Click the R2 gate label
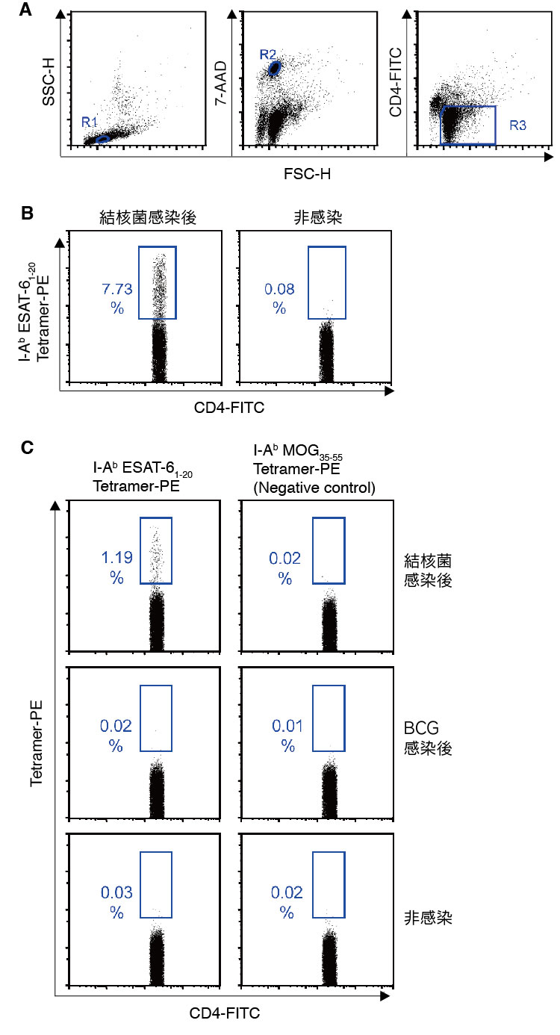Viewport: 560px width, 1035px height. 268,54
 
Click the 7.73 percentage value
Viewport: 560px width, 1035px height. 117,288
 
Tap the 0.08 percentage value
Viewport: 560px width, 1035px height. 279,288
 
